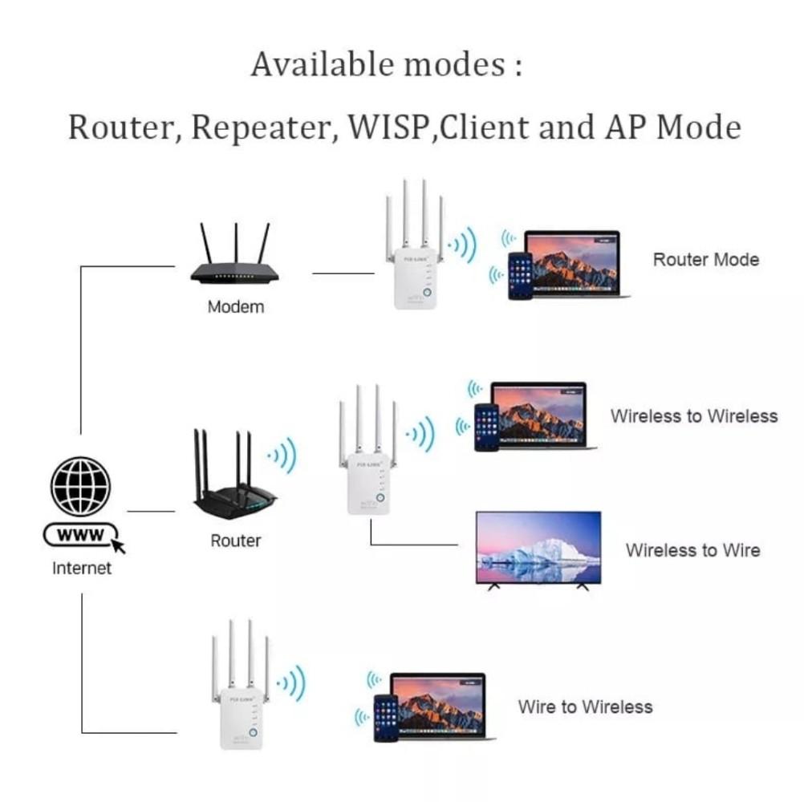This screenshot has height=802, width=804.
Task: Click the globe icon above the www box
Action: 81,486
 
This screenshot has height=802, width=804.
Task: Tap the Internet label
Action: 81,569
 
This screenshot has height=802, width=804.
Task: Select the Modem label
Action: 235,307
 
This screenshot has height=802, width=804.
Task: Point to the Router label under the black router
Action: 235,541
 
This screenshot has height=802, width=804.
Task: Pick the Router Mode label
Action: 705,260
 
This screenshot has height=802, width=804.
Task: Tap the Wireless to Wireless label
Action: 693,416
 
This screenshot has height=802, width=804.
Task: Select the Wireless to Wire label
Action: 692,551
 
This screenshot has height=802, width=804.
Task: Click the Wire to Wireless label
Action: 585,707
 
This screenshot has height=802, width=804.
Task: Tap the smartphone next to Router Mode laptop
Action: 520,276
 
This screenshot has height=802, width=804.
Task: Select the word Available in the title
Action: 323,64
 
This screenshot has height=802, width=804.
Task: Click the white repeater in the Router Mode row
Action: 414,265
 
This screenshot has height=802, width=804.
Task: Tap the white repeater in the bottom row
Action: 242,706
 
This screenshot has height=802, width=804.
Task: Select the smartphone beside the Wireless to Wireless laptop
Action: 486,427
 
